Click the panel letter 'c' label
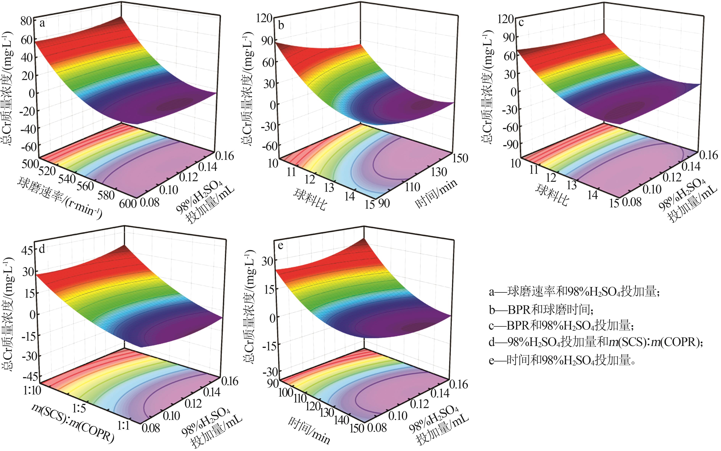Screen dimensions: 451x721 click(x=521, y=23)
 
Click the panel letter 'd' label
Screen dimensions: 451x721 click(x=42, y=248)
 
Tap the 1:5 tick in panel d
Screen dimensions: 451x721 click(x=79, y=408)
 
